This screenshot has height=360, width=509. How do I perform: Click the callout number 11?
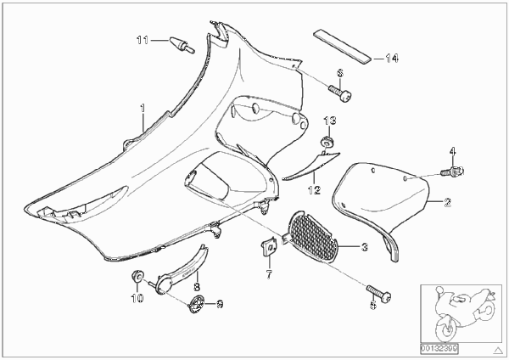pos(143,40)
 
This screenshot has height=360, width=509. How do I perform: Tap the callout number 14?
pos(392,59)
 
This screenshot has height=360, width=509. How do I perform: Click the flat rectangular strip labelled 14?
pos(342,46)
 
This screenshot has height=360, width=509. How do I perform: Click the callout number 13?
pos(330,121)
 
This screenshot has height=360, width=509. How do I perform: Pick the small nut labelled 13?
pos(327,143)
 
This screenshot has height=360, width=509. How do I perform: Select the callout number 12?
pos(314,190)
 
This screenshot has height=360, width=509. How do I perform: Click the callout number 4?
pos(452,151)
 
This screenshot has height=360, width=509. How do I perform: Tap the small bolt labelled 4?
pos(453,171)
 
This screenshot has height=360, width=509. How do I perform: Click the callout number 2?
pos(448,202)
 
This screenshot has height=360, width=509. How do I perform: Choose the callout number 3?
pos(365,247)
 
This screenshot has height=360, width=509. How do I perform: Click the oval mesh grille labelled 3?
pos(314,237)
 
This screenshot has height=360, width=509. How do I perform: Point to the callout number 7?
pos(269,274)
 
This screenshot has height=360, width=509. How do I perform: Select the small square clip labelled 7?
pos(269,246)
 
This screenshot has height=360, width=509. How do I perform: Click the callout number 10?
pos(137,298)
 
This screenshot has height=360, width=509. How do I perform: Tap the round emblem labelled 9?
pos(197,304)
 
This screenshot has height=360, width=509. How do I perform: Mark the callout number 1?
pos(143,108)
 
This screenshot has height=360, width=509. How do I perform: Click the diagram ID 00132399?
pos(439,349)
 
